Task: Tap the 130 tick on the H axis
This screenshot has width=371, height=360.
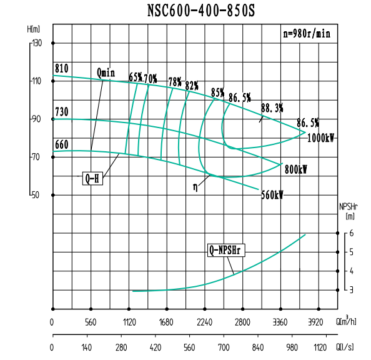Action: pyautogui.click(x=37, y=43)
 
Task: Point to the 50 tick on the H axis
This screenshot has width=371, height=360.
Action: pyautogui.click(x=37, y=195)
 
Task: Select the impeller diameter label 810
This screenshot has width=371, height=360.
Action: pyautogui.click(x=61, y=68)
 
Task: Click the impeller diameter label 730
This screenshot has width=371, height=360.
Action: pyautogui.click(x=61, y=112)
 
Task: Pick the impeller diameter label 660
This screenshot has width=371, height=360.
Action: pyautogui.click(x=61, y=145)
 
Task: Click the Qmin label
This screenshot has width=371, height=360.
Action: pyautogui.click(x=106, y=72)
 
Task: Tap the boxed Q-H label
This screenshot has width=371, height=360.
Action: pyautogui.click(x=92, y=178)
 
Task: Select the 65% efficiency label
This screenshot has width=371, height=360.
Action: pyautogui.click(x=136, y=77)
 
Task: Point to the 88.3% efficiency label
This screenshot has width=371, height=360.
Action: pyautogui.click(x=272, y=107)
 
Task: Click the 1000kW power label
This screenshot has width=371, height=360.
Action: pyautogui.click(x=320, y=138)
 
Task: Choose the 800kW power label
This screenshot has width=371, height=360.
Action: pyautogui.click(x=297, y=169)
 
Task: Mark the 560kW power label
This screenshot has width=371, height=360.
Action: pyautogui.click(x=272, y=194)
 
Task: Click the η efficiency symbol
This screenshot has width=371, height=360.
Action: pyautogui.click(x=195, y=186)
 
